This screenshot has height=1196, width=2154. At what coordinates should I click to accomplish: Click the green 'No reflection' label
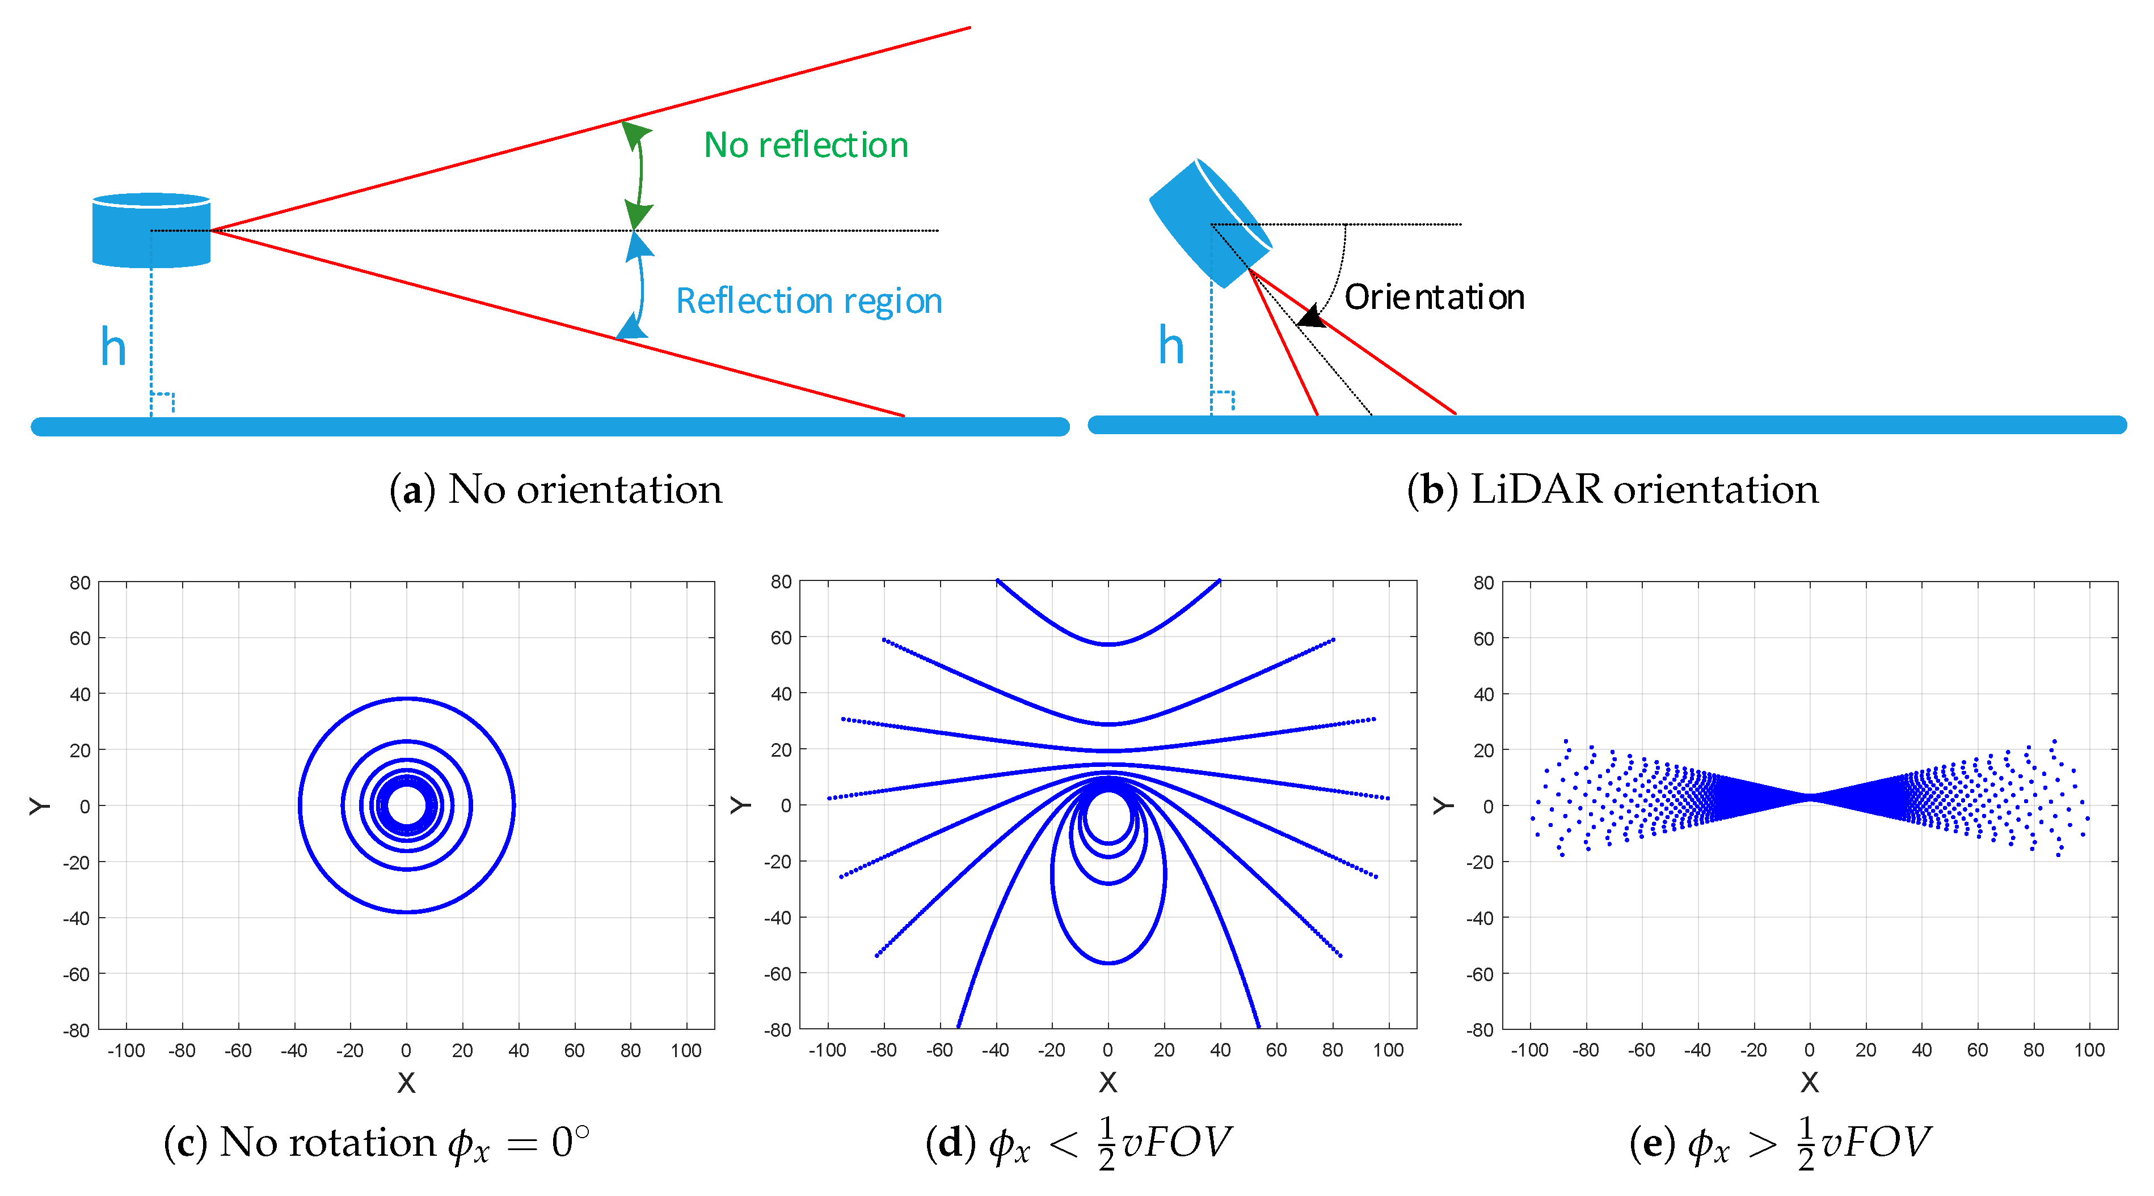point(805,146)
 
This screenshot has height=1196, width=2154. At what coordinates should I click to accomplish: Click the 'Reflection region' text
point(808,301)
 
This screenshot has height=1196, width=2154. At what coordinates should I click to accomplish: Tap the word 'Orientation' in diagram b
point(1434,298)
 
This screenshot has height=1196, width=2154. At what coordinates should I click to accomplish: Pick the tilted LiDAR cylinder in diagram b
point(1209,223)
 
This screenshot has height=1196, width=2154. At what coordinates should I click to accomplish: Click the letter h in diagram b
point(1171,345)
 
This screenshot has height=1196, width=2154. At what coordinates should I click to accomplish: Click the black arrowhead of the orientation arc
point(1310,317)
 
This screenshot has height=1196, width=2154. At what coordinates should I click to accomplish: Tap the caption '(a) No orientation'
point(555,489)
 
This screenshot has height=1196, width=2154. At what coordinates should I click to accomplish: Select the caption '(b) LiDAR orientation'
point(1612,489)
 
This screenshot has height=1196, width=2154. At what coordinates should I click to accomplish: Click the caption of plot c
point(376,1143)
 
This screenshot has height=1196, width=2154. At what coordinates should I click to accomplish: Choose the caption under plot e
point(1780,1143)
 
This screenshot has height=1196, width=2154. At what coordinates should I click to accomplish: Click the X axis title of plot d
point(1108,1082)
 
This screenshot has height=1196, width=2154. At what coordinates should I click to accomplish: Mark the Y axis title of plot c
point(39,805)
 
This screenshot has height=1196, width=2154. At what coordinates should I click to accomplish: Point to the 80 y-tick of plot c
point(81,583)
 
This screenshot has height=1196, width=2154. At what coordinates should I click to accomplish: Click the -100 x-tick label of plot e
point(1529,1050)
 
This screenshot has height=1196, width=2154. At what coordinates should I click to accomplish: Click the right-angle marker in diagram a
point(162,402)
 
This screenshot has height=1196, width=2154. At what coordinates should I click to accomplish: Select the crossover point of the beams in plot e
point(1810,798)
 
